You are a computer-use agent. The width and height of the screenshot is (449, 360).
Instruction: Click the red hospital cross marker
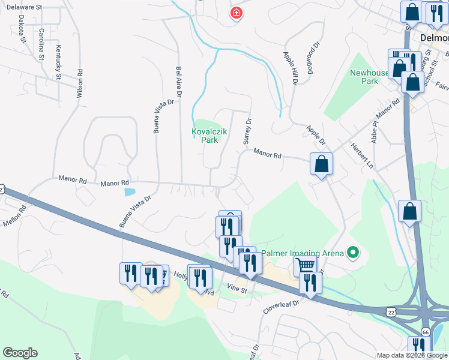237,13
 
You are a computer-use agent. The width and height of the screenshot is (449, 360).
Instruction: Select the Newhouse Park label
372,77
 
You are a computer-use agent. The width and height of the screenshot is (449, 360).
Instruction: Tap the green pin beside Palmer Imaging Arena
353,253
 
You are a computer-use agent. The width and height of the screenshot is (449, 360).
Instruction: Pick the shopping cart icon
305,265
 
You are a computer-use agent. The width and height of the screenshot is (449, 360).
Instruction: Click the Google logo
20,353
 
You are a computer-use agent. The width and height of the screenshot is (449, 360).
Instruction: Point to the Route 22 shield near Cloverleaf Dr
391,312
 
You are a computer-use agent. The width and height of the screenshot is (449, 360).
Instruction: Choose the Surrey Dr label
246,130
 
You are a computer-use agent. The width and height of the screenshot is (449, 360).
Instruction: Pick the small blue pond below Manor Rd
130,193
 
